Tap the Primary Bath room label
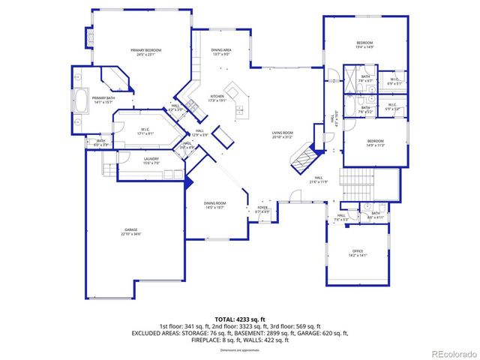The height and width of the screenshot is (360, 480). click(103, 99)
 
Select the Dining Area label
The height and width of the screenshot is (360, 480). click(220, 51)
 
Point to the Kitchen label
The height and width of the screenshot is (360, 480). click(217, 97)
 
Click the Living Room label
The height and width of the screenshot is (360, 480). click(282, 134)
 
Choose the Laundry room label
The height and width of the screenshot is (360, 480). click(152, 160)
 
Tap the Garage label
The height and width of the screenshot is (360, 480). click(132, 231)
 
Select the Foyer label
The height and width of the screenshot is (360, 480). click(262, 211)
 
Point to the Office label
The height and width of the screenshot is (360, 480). click(358, 252)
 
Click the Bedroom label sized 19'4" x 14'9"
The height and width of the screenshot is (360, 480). click(364, 44)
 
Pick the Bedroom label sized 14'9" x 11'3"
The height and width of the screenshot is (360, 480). click(375, 142)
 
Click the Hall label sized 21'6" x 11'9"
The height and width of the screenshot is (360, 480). click(319, 180)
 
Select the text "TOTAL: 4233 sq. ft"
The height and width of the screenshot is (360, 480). click(239, 319)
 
